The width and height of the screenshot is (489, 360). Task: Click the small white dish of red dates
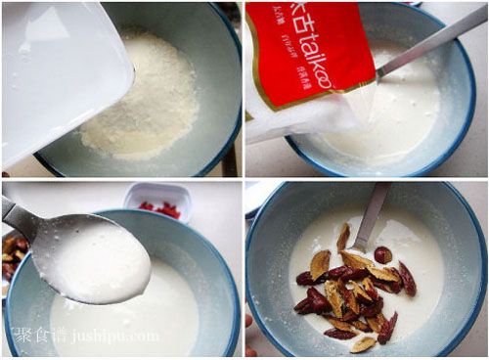click(x=158, y=202)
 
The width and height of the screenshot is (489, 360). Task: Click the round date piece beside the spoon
click(x=382, y=254)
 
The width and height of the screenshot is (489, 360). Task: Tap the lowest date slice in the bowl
click(x=363, y=343)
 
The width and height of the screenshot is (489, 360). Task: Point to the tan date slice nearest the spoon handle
click(x=343, y=238)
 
